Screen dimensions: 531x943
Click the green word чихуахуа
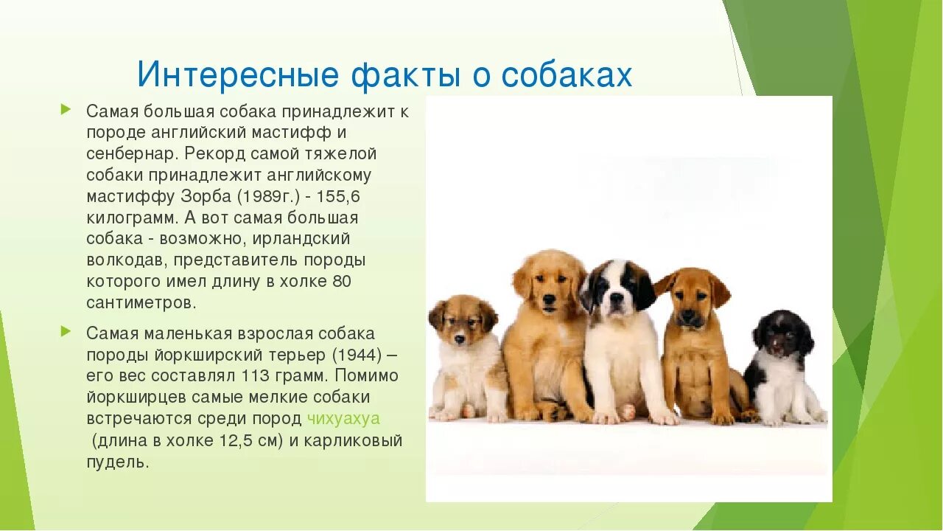[343, 419]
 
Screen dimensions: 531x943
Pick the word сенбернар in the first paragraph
[131, 154]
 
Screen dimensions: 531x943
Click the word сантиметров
[141, 302]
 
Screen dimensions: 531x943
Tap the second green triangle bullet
[66, 331]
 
